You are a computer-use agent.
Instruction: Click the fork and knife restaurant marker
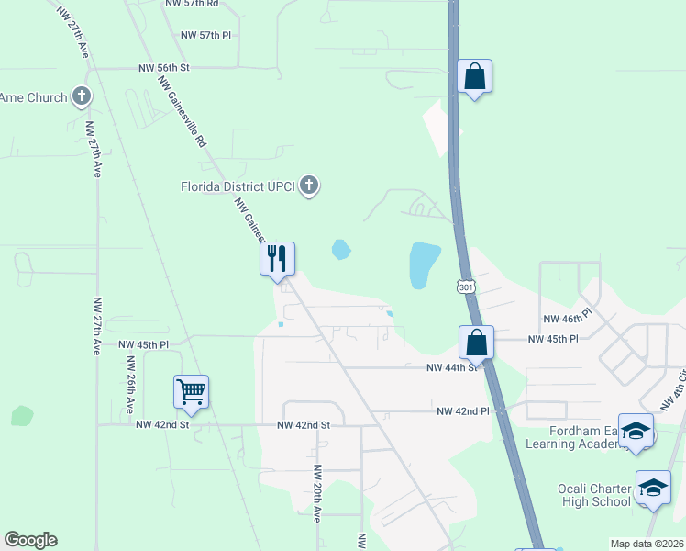coord(277,258)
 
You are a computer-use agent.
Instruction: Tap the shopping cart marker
coord(192,392)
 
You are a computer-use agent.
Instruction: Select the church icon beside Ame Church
coord(82,96)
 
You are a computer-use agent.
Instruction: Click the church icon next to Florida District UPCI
coord(309,186)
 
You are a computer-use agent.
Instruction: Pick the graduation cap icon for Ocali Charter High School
coord(653,487)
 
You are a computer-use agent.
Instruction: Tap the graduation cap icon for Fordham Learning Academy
coord(636,431)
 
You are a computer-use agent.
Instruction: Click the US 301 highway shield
coord(466,287)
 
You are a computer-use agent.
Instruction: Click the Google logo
coord(30,540)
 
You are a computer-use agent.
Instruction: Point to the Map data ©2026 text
coord(647,544)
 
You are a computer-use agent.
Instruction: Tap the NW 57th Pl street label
coord(206,35)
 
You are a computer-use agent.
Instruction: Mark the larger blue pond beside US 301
coord(424,264)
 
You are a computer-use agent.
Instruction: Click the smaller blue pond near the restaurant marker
coord(341,248)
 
